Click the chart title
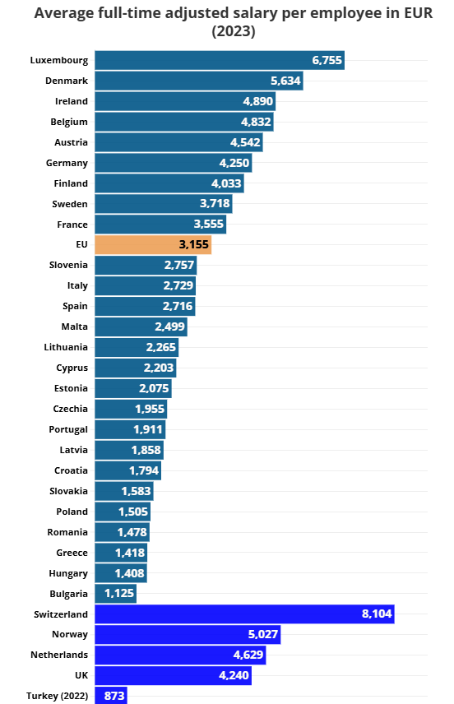(x=234, y=22)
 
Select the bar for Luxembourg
(x=220, y=60)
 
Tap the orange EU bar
(x=153, y=245)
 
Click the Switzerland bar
(x=245, y=614)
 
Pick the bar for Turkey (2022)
(x=111, y=696)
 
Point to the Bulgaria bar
(x=115, y=594)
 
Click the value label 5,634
(x=285, y=81)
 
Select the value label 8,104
(x=378, y=614)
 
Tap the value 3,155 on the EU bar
(x=194, y=245)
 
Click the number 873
(x=114, y=696)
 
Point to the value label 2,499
(x=169, y=327)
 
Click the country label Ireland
(x=72, y=101)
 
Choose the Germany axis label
(x=67, y=163)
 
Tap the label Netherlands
(x=59, y=655)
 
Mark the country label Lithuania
(x=66, y=347)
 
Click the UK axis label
(x=81, y=675)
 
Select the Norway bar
(x=188, y=634)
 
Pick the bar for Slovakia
(x=124, y=491)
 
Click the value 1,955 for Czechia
(x=150, y=409)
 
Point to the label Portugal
(x=68, y=429)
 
